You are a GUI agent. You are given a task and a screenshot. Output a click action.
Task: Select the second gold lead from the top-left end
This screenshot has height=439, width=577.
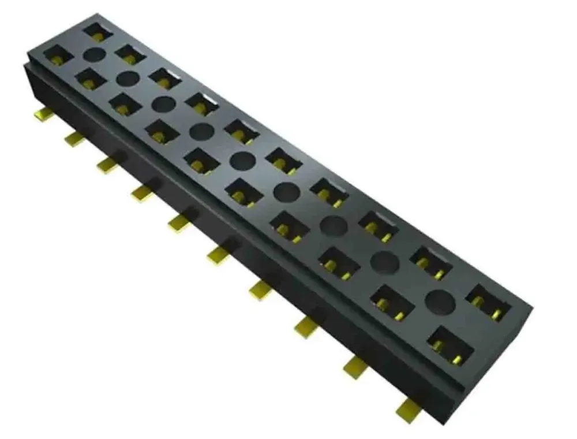[x=74, y=139]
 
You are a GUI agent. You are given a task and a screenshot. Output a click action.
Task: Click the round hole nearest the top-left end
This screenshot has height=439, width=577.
[x=95, y=55]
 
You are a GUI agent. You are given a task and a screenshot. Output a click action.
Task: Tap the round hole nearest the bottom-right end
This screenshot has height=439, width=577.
[x=439, y=300]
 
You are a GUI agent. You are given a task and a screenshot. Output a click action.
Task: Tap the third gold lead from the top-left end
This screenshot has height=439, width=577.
[x=107, y=165]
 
